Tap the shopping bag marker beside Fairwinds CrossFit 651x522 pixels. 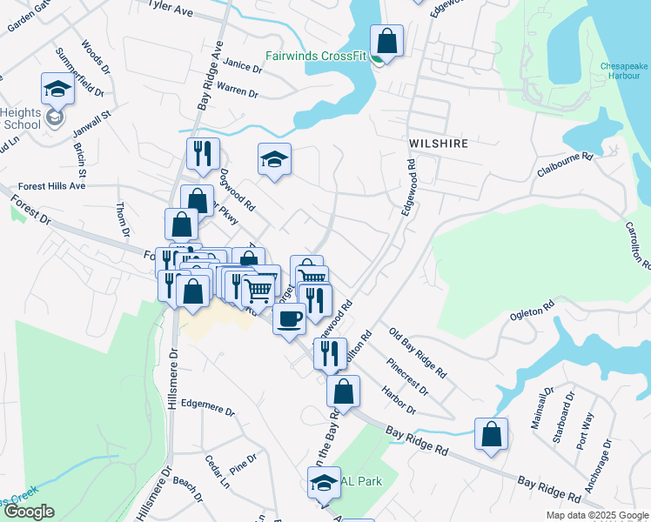coord(386,41)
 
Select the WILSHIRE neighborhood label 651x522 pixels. coord(439,144)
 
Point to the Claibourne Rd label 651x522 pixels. coord(564,164)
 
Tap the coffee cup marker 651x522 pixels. coord(289,318)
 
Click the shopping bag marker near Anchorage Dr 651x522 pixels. coord(491,434)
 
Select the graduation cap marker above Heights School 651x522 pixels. coord(57,88)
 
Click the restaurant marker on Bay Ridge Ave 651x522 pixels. coord(203,154)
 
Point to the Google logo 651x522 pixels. coord(28,512)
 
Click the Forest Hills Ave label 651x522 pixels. coord(53,185)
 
